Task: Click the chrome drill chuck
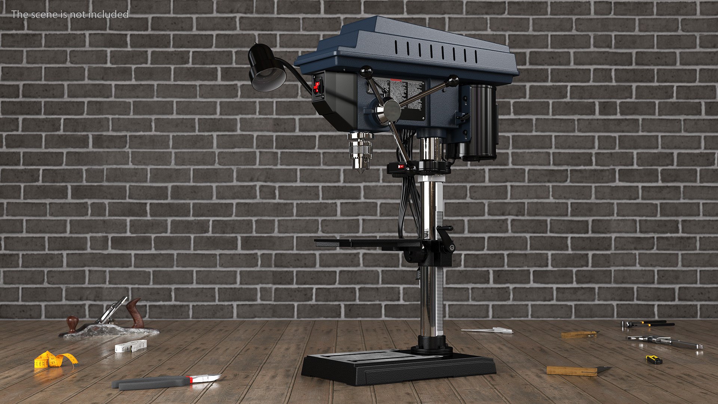tap(360, 151)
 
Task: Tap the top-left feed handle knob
tap(366, 70)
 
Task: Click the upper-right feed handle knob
tap(453, 80)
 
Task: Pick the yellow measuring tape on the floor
tap(54, 360)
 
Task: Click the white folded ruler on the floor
tap(130, 346)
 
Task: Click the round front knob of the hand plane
tap(72, 322)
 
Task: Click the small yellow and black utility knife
tap(654, 360)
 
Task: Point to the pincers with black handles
tap(647, 323)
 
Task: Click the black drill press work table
tap(370, 243)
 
